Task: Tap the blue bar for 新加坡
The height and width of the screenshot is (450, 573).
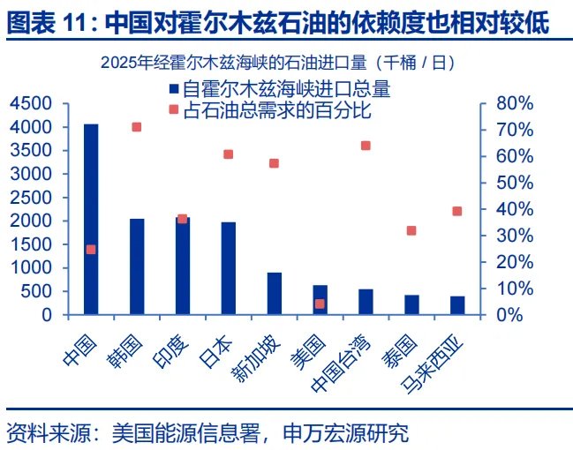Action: coord(275,293)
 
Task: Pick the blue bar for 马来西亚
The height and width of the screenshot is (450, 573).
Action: coord(457,304)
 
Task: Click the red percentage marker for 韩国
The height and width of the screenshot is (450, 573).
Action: coord(137,127)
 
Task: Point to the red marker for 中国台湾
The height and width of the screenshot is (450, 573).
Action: coord(366,146)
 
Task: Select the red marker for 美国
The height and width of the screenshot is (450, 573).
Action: coord(320,304)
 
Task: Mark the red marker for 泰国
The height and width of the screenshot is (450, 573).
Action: coord(411,230)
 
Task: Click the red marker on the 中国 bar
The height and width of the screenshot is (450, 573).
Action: coord(91,250)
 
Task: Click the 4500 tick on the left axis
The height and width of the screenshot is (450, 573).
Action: coord(34,104)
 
